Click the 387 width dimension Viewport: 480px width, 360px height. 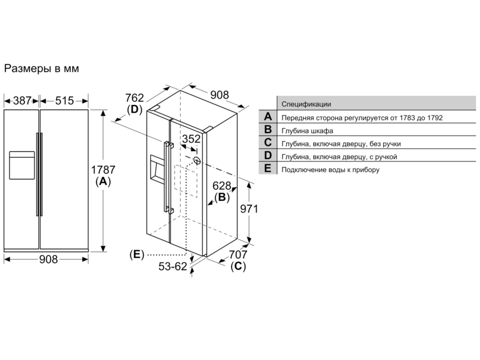22,100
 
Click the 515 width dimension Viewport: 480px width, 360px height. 65,100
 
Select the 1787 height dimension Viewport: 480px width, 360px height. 103,170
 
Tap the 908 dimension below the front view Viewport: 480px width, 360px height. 49,259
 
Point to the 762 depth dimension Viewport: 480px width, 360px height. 134,98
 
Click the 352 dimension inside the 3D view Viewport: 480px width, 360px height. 191,139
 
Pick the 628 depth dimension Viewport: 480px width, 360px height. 221,186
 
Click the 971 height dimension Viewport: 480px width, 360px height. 249,209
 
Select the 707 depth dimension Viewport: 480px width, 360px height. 238,254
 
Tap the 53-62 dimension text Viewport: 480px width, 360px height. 173,266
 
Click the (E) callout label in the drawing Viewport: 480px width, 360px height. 137,254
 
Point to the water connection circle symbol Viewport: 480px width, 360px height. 197,160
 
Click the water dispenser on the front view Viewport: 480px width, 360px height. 22,166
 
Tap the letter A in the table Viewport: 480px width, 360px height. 268,116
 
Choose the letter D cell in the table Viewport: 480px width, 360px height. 268,155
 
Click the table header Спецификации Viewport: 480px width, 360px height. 306,104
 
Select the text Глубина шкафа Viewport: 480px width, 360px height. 307,131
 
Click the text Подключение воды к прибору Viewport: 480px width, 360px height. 331,170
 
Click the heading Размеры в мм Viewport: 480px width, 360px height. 41,68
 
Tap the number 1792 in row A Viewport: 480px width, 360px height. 434,118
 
